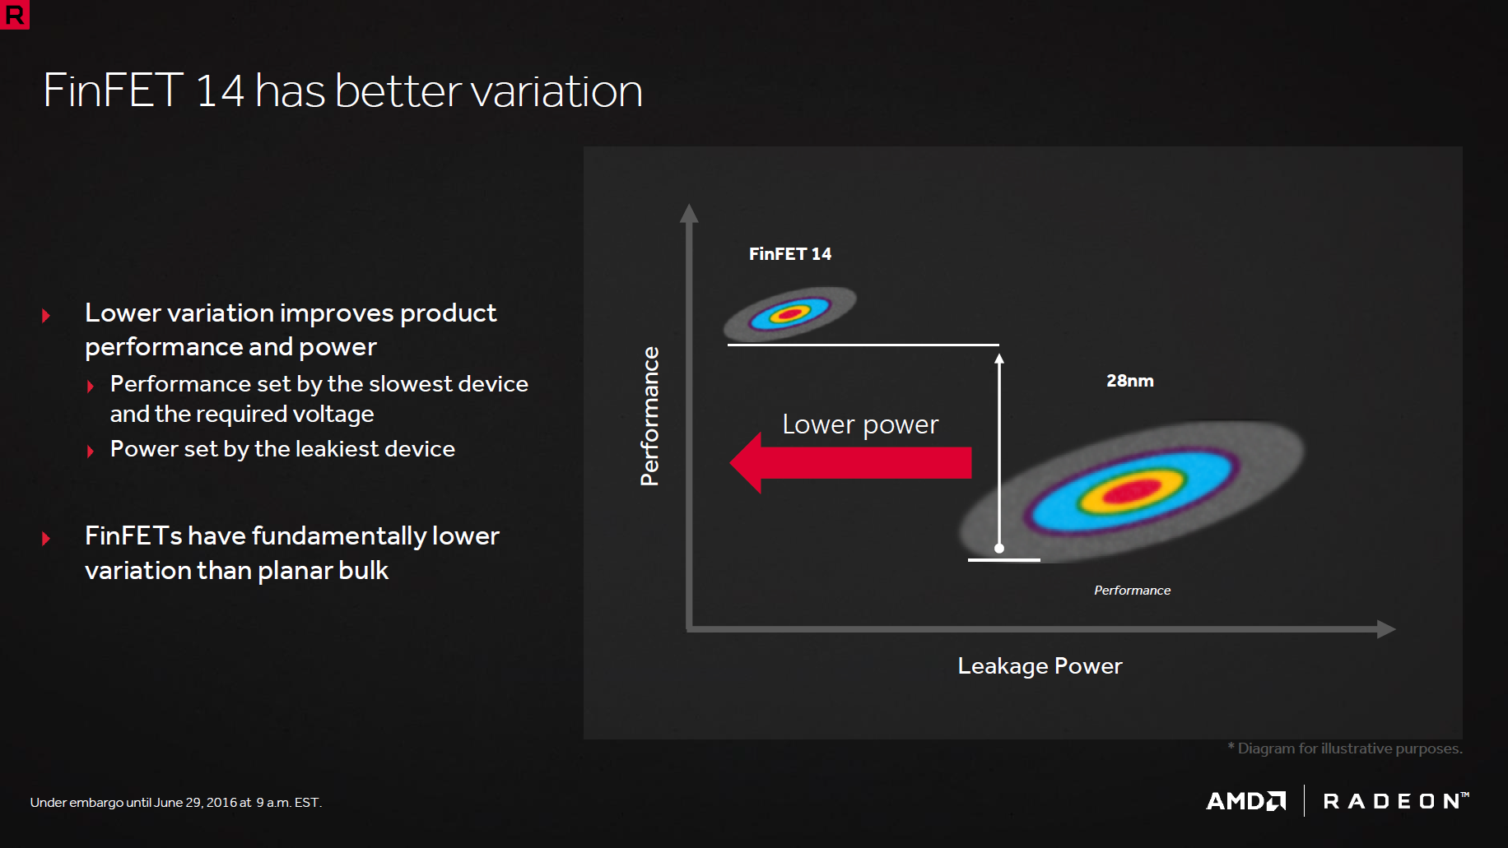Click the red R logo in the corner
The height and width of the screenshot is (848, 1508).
14,14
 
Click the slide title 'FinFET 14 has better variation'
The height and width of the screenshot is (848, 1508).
342,90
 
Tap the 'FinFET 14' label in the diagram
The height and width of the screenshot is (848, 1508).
790,254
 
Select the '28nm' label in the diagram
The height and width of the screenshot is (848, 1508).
1130,381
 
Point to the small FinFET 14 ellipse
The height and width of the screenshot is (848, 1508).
790,313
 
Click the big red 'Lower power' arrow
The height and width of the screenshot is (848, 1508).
850,462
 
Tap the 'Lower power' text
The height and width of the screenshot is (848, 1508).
860,424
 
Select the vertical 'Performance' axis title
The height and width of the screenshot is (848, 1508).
650,416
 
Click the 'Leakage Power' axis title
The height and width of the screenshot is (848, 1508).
1040,666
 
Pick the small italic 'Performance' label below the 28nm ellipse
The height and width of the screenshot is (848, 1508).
1132,591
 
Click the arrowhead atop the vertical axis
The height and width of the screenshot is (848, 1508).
689,213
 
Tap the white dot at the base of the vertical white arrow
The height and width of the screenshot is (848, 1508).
999,548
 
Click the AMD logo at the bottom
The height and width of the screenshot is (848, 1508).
1246,801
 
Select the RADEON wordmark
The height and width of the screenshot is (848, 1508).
1396,801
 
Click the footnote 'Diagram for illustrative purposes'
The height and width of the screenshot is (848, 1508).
1345,748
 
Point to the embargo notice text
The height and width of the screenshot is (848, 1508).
176,803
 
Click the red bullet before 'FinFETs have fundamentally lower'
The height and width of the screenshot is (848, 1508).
46,539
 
